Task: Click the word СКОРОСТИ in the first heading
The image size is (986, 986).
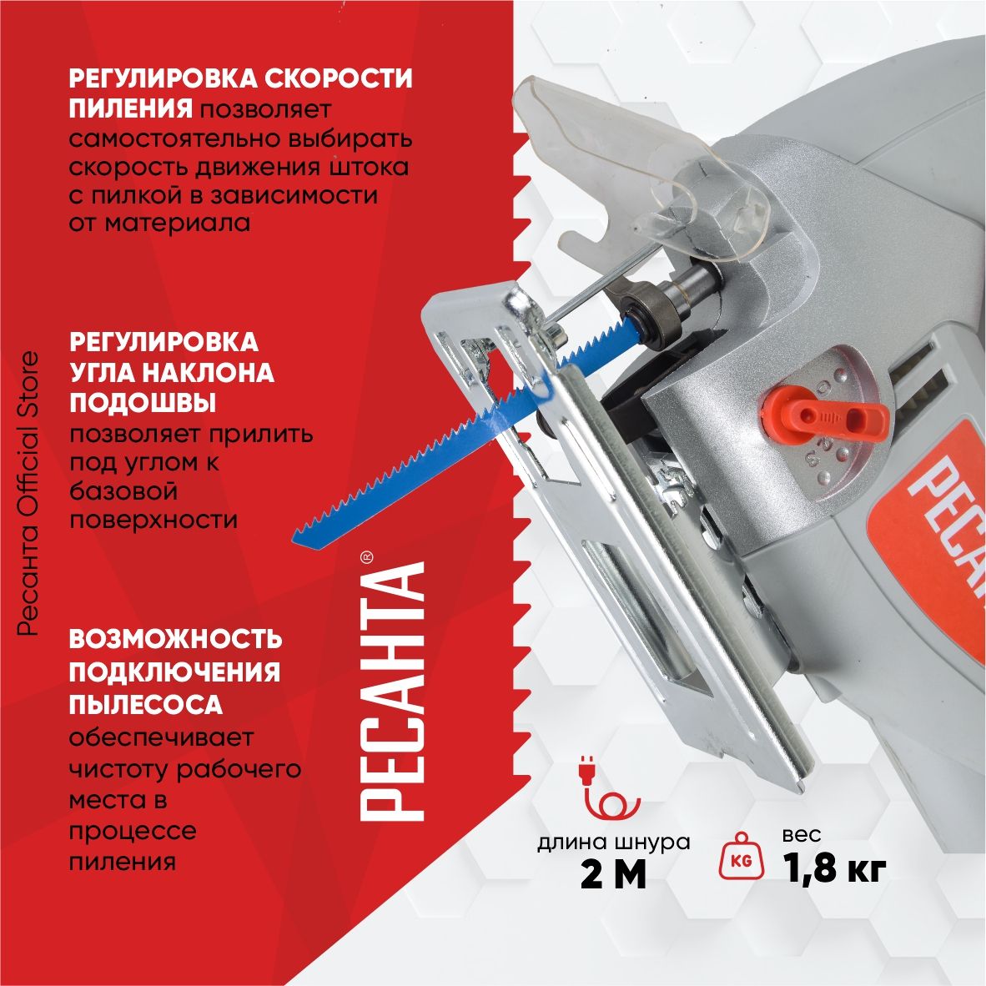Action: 338,78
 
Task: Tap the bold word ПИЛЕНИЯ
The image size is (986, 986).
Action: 130,108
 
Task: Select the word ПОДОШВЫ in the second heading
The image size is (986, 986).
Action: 143,402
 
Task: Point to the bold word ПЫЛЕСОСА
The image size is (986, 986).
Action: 146,704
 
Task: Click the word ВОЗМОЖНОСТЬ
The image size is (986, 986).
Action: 175,639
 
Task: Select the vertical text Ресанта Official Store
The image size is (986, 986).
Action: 28,494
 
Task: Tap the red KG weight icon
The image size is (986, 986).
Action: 742,856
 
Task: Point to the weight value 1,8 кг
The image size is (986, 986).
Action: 835,868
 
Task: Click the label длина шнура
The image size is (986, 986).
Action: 614,843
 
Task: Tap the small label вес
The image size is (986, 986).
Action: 802,835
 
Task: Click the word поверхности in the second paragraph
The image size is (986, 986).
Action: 153,521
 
